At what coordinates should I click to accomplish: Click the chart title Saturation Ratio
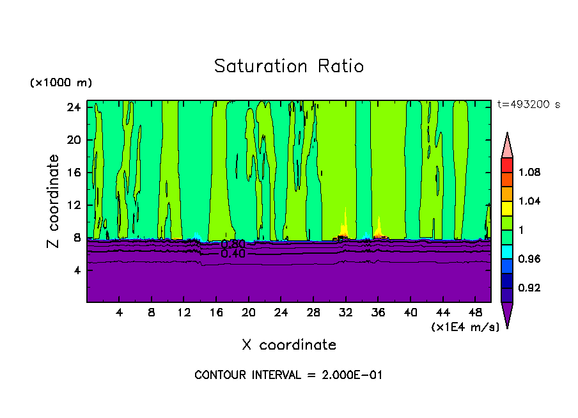click(289, 66)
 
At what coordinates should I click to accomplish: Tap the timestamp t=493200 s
click(528, 105)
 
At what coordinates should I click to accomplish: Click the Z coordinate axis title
click(54, 201)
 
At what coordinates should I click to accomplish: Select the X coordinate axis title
click(289, 345)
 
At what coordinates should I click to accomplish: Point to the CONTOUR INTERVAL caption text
click(288, 375)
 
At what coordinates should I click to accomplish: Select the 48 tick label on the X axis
click(476, 313)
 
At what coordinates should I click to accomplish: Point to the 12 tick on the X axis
click(184, 313)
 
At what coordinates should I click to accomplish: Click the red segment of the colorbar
click(507, 165)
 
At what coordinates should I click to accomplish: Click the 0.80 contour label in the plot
click(233, 244)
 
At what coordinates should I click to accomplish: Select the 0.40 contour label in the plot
click(233, 254)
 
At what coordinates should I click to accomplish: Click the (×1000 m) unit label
click(61, 83)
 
